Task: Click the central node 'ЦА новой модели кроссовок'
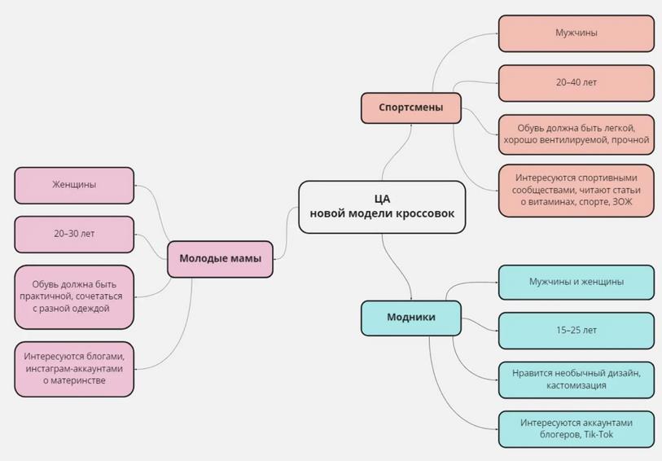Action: (x=382, y=207)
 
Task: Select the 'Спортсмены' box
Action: (x=411, y=108)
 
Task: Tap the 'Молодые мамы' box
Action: (x=220, y=259)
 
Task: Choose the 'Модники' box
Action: (x=411, y=318)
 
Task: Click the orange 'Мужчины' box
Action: (x=576, y=33)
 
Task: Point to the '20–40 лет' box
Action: (x=576, y=83)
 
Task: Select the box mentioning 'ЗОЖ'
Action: (x=576, y=190)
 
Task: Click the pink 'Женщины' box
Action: (x=74, y=185)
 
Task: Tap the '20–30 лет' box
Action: (x=74, y=234)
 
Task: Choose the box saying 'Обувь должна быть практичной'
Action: (x=74, y=296)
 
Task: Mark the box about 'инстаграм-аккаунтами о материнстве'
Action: (x=74, y=369)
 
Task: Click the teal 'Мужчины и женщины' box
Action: (x=576, y=282)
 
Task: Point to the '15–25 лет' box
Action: (x=576, y=331)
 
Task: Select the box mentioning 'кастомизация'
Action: (x=576, y=380)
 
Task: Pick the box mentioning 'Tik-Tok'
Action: (x=576, y=429)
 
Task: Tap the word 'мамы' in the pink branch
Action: (x=245, y=259)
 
